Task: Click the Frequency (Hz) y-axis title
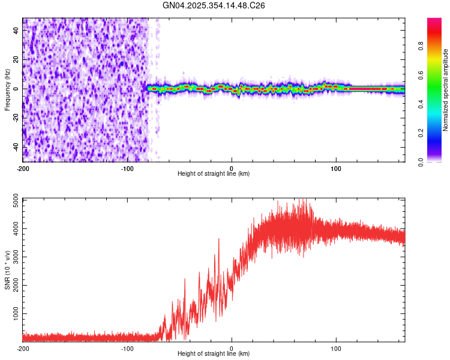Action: [7, 90]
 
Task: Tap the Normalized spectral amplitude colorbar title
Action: [445, 90]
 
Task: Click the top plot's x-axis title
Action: [214, 174]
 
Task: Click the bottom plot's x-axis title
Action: [214, 353]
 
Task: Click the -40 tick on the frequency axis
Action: [17, 146]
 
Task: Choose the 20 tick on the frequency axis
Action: [17, 59]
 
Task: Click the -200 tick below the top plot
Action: [23, 167]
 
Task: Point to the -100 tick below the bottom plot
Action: [127, 348]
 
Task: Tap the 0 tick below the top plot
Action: [232, 167]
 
